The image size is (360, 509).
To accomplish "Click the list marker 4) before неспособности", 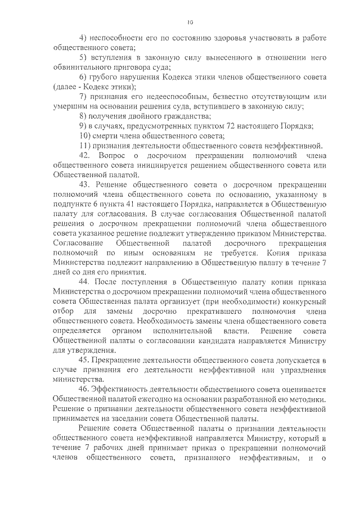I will pyautogui.click(x=83, y=38).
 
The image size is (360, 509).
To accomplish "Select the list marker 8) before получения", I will pyautogui.click(x=83, y=116).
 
